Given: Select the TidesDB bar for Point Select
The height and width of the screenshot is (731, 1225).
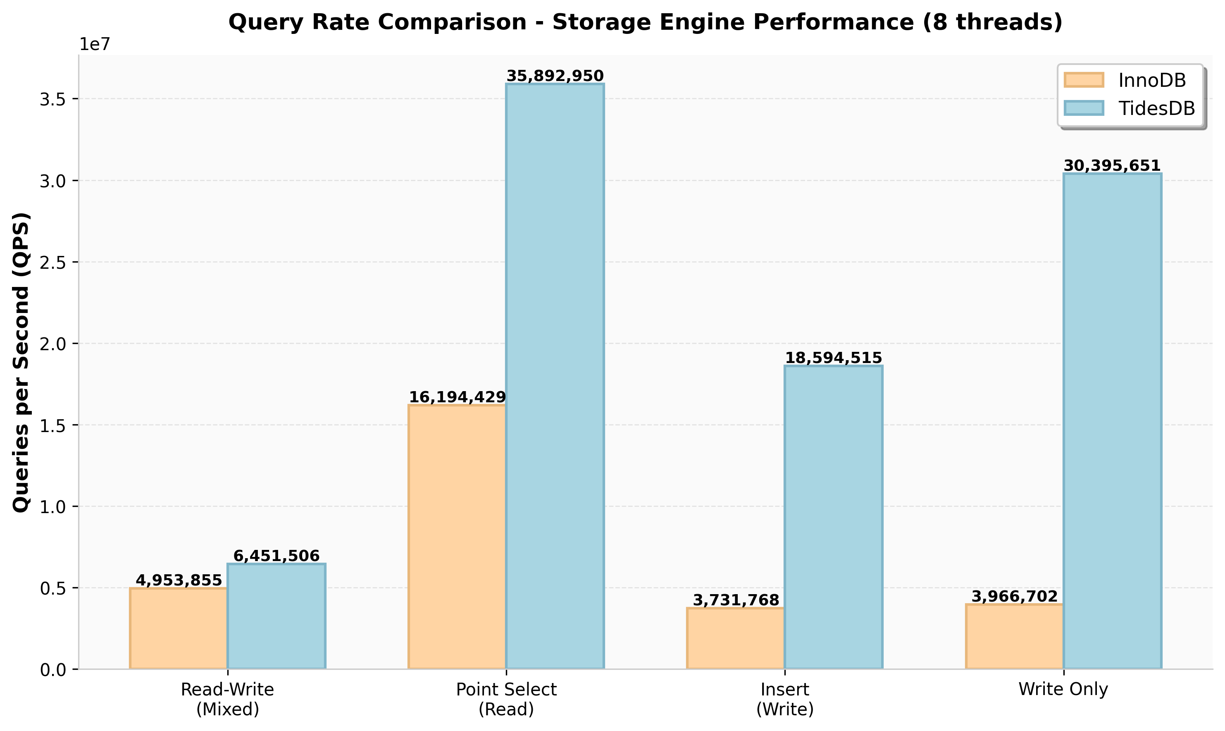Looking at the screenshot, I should [x=555, y=376].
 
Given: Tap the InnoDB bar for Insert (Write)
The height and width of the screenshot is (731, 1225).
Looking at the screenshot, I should [x=736, y=638].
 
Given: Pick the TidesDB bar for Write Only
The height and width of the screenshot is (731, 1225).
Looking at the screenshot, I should [x=1112, y=421].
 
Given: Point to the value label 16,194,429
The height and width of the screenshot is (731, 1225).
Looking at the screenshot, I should [x=458, y=397].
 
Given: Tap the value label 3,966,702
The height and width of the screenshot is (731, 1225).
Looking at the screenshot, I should [x=1014, y=597].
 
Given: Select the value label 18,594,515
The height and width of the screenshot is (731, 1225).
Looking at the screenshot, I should [x=833, y=358].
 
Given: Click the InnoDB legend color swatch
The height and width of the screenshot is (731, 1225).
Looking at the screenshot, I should [x=1084, y=80].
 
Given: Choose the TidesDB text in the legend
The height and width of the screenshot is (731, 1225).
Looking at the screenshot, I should [x=1156, y=108].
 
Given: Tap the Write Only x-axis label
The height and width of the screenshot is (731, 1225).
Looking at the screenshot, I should [x=1063, y=689].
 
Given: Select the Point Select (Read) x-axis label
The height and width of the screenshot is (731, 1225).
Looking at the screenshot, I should [x=506, y=699].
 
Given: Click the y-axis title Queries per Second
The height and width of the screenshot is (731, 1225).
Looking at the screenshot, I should [x=21, y=362].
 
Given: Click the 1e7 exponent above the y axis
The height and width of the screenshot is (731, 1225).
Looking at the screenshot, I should [x=95, y=44].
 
